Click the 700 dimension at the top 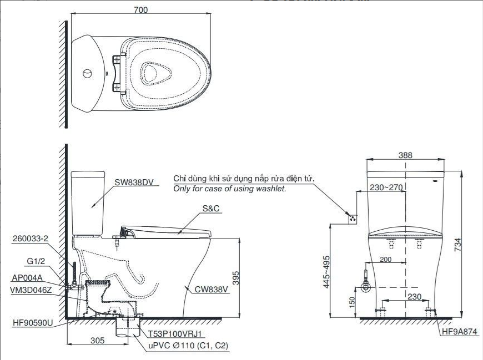(141, 10)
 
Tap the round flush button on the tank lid (87, 74)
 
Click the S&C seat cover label (211, 209)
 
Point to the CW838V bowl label (212, 290)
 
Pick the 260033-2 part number (31, 239)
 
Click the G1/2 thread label (36, 261)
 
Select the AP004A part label (27, 278)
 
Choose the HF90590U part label (33, 323)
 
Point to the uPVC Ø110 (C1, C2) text (188, 346)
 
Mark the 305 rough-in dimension (98, 340)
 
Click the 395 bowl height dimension (235, 278)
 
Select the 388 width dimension (405, 155)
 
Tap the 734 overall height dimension (457, 245)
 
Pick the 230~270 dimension (386, 187)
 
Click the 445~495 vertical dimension (326, 272)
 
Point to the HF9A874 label (460, 331)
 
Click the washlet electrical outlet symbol (353, 219)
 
